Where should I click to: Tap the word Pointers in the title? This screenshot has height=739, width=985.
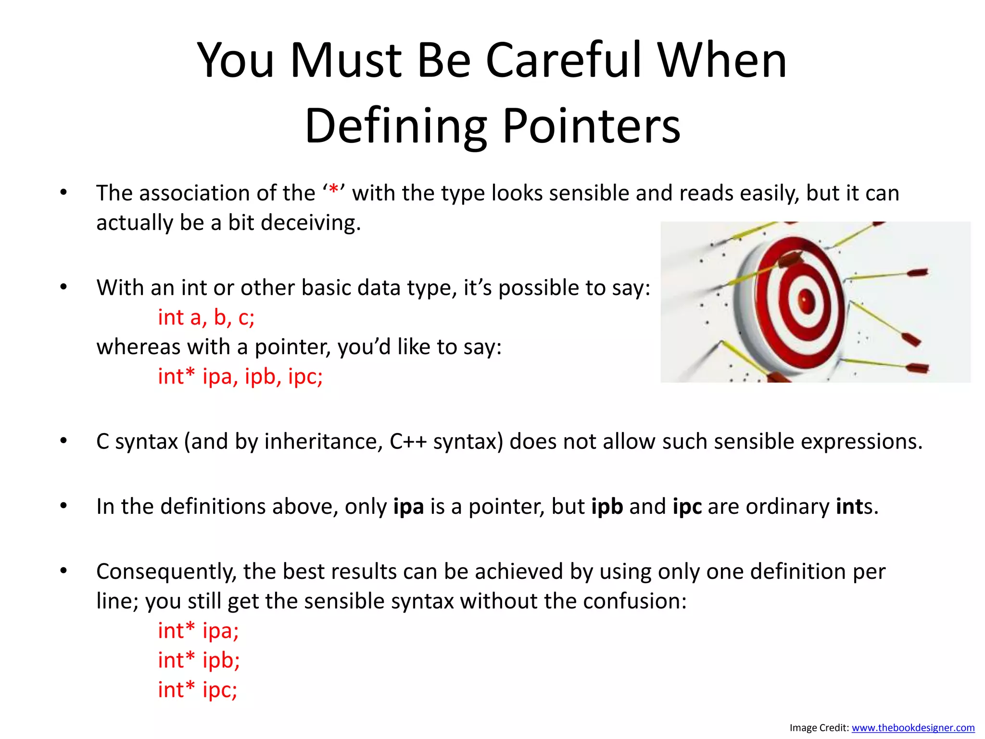[591, 127]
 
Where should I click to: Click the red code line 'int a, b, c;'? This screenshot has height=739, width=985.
[206, 318]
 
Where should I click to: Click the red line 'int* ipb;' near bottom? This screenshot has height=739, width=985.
[199, 660]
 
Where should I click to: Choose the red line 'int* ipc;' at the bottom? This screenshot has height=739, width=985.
[198, 690]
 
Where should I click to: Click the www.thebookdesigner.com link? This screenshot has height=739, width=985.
[913, 728]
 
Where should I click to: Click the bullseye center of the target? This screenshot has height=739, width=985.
[807, 301]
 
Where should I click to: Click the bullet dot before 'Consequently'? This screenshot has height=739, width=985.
[63, 571]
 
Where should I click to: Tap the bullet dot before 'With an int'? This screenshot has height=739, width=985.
[63, 287]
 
